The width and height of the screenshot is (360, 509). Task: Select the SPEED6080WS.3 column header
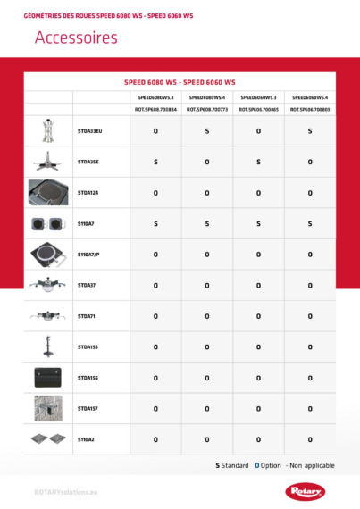[155, 96]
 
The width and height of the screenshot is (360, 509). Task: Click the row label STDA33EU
[91, 131]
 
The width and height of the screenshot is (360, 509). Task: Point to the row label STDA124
[88, 192]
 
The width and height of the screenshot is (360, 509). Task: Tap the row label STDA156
[88, 378]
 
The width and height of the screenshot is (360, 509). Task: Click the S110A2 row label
[86, 439]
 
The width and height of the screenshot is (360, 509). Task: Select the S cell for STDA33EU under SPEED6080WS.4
[207, 131]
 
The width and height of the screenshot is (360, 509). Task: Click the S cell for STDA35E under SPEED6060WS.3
[258, 162]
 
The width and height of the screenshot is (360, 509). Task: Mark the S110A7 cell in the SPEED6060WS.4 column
[310, 223]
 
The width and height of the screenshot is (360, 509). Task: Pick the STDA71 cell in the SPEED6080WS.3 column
[155, 316]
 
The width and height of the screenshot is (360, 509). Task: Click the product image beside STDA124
[48, 192]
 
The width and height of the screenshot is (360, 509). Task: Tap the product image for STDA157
[48, 408]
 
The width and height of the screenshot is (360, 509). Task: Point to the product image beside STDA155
[48, 346]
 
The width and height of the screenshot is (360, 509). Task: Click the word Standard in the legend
[235, 465]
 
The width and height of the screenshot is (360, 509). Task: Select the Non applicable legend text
[307, 465]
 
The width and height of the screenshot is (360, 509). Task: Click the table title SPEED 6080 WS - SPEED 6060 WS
[180, 81]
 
